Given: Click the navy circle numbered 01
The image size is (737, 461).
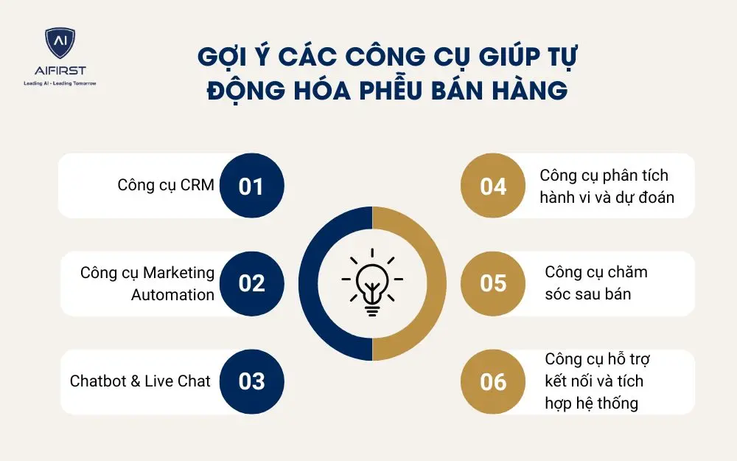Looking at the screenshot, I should [251, 186].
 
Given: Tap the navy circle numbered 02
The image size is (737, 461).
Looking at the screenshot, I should [251, 283].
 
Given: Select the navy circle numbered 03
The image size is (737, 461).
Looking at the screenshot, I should [251, 381].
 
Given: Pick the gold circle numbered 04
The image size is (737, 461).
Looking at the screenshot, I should [493, 186].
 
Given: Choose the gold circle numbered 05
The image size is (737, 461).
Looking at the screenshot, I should [493, 283].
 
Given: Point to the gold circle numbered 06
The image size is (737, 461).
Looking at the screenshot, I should [493, 381].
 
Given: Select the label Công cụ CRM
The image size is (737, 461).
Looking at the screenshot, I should [166, 185].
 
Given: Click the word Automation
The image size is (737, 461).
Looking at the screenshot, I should [173, 294].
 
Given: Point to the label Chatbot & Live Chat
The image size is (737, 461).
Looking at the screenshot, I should [140, 381].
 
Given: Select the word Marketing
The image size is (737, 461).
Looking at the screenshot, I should [179, 272].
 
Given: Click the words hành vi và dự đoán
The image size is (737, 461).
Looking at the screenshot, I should [607, 198].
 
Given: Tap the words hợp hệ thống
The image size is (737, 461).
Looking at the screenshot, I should [591, 403].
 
